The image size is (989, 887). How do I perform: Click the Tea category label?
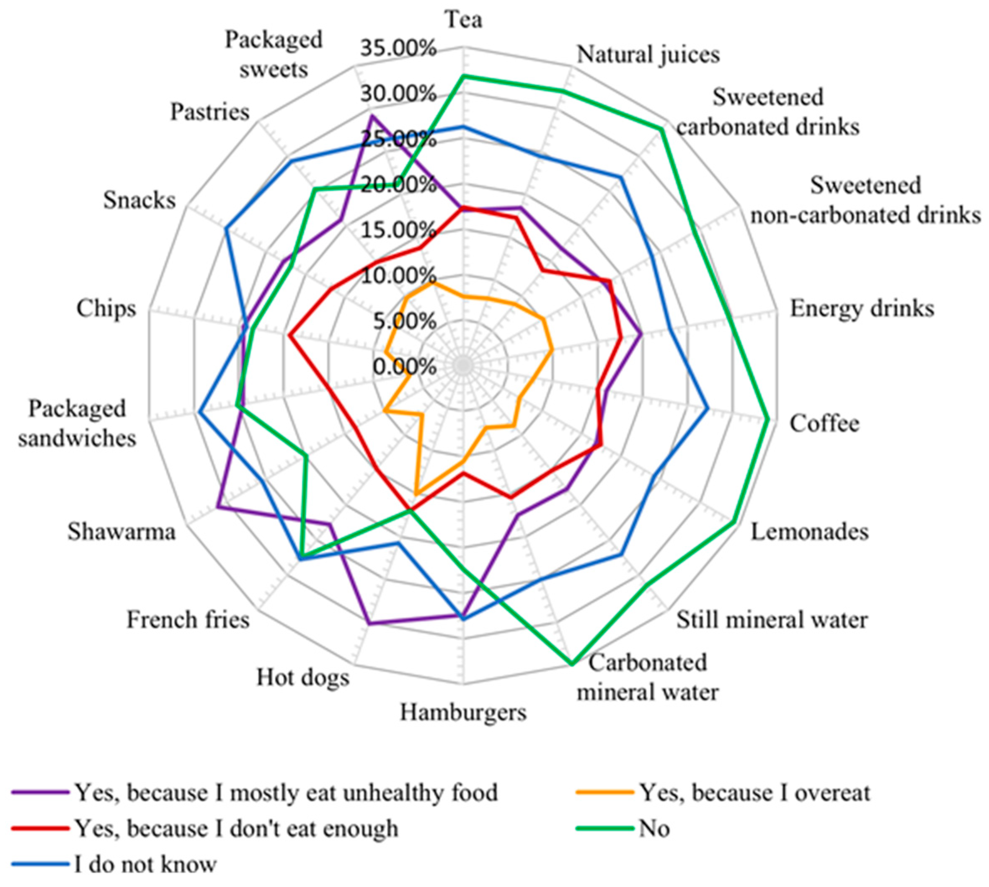point(464,20)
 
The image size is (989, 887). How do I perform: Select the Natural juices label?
point(648,54)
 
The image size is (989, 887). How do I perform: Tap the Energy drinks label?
point(862,308)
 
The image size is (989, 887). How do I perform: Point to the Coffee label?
point(824,424)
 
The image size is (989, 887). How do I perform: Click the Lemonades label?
point(809,532)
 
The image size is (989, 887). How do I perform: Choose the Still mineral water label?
point(772,621)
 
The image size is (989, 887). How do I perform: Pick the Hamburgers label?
point(463,713)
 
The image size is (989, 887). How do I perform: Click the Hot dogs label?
point(303,678)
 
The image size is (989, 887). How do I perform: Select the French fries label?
point(188,621)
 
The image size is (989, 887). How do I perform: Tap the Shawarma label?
point(121,532)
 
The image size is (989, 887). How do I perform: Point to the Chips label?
point(106,308)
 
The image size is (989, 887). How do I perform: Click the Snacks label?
point(139,200)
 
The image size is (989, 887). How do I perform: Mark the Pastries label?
point(209,113)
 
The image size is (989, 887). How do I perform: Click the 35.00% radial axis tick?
point(398,49)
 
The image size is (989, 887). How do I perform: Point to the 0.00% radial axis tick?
point(404,367)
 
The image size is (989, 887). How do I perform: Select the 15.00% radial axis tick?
point(398,230)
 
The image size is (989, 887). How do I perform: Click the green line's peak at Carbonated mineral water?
point(571,663)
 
